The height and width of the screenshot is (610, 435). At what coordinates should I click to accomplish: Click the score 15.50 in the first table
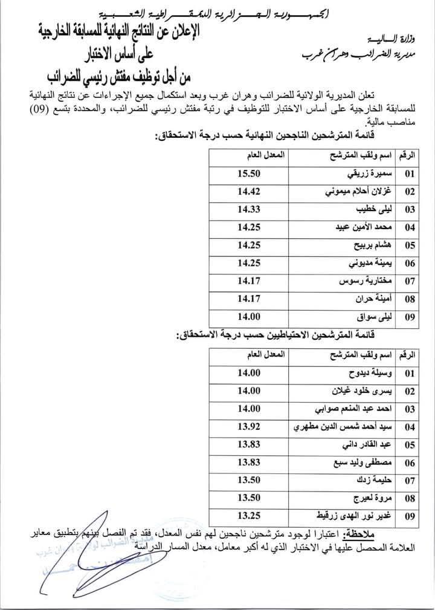(x=249, y=174)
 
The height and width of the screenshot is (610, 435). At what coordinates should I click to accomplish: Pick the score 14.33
(x=249, y=210)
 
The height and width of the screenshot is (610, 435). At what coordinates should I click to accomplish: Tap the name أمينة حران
(x=376, y=299)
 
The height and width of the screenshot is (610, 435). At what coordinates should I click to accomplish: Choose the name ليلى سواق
(x=376, y=316)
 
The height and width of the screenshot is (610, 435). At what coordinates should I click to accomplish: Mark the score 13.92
(x=249, y=427)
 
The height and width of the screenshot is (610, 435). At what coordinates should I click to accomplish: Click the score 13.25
(x=249, y=516)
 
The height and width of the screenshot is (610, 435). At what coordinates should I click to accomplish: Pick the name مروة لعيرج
(x=373, y=498)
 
